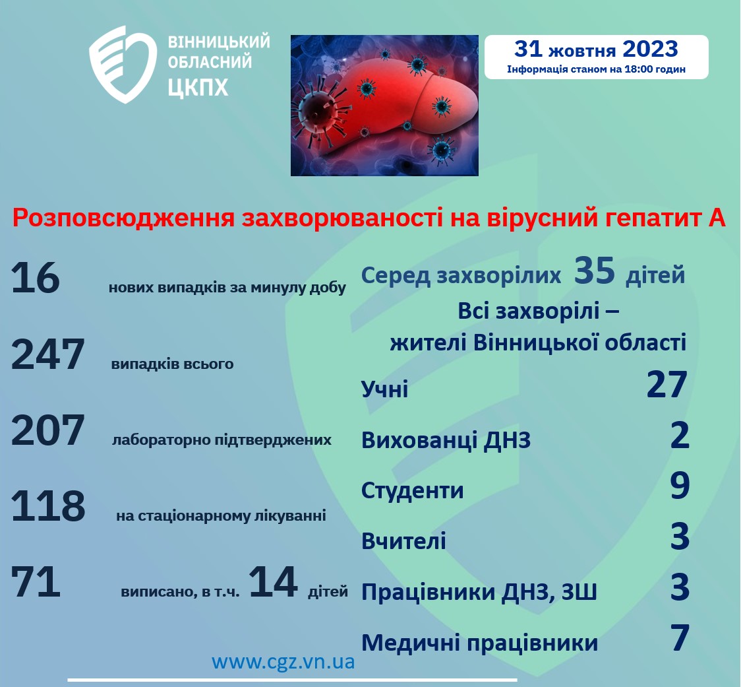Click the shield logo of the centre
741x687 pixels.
123,65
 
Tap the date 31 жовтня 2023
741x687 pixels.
596,49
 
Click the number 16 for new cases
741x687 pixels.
36,278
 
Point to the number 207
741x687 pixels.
47,430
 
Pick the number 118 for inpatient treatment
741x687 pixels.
47,506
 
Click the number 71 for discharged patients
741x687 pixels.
36,581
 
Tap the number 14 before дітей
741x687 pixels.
273,581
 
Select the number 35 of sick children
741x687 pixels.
595,271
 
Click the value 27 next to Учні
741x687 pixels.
667,385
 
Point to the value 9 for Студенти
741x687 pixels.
680,486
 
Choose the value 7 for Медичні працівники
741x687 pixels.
680,638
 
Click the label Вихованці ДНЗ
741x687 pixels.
446,440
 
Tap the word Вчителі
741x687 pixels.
403,540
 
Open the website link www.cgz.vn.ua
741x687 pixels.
283,662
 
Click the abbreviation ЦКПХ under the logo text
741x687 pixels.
198,88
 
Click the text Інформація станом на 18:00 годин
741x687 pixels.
597,69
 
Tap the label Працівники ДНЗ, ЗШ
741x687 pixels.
479,592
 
